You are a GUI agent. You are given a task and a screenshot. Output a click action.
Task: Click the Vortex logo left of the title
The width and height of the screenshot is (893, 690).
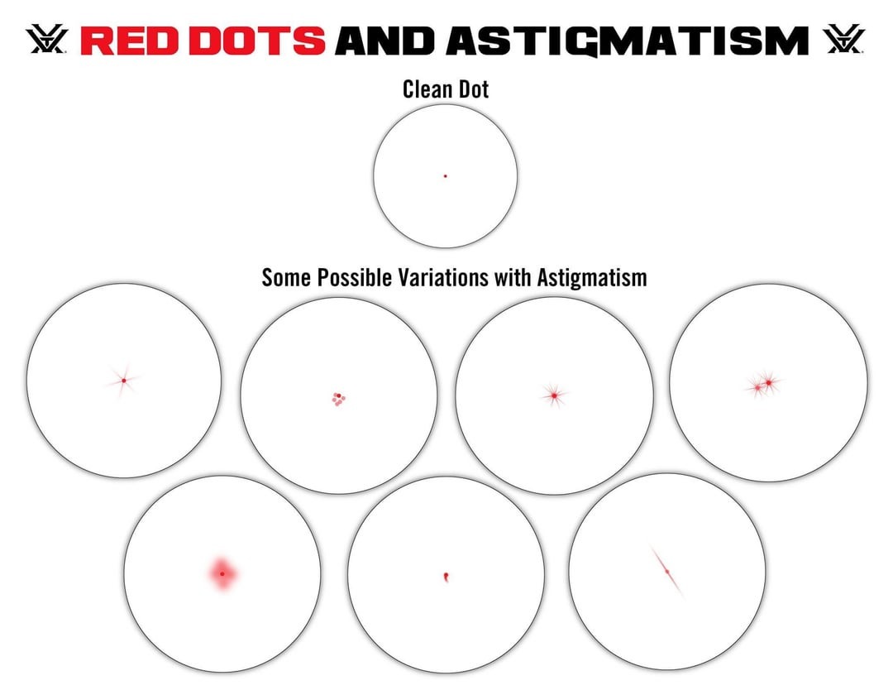tap(46, 39)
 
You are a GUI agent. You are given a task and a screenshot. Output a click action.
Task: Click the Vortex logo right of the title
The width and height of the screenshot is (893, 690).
tap(844, 39)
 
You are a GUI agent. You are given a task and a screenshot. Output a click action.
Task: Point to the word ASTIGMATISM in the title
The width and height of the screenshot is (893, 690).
tap(628, 41)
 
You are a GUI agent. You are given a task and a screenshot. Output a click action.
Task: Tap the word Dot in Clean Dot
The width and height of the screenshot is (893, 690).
tap(474, 89)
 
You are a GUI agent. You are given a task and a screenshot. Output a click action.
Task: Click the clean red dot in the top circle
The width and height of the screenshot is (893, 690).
tap(446, 176)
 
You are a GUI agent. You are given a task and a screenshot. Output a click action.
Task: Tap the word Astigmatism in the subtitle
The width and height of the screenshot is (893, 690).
tap(592, 278)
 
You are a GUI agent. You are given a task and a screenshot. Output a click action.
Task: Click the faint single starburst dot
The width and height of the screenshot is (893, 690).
tap(123, 381)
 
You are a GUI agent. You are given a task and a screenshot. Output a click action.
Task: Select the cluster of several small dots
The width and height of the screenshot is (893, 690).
tap(339, 400)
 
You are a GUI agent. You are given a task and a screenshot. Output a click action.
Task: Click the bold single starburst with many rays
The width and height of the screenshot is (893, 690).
tap(553, 395)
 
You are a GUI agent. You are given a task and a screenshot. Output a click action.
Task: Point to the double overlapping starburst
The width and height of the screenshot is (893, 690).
tap(764, 386)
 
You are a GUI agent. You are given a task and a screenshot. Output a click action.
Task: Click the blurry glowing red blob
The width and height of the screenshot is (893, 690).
tap(222, 574)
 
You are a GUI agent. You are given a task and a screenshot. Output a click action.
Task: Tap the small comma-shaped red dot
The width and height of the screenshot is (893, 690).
tap(446, 577)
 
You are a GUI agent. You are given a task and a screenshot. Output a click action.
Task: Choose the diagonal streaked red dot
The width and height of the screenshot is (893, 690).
tap(667, 572)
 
